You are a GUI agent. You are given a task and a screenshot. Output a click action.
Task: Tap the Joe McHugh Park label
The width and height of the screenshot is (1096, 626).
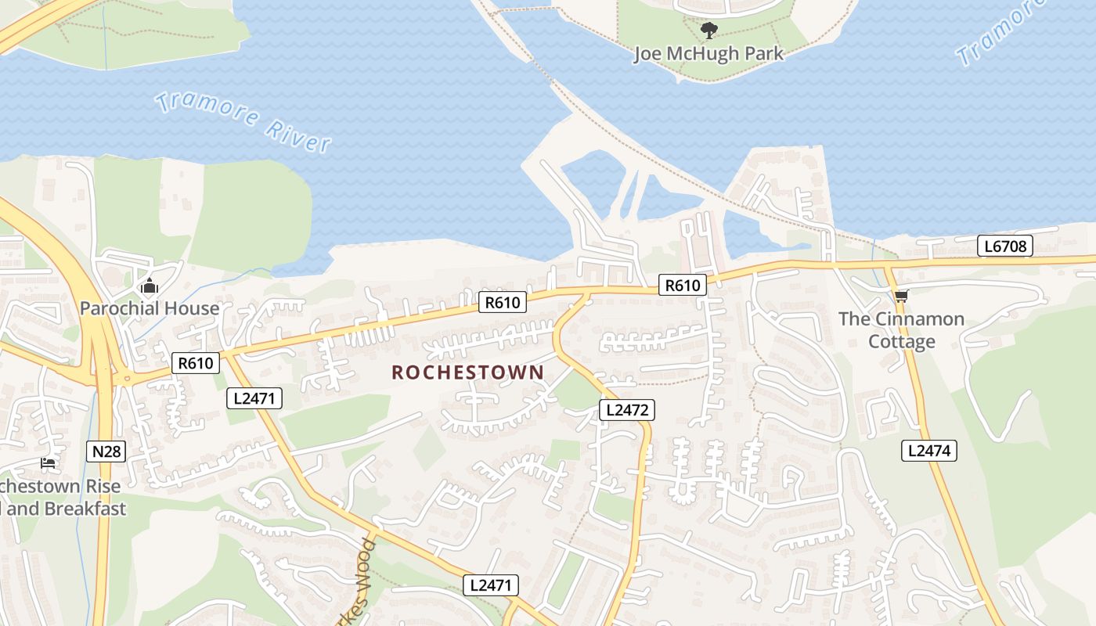click(708, 54)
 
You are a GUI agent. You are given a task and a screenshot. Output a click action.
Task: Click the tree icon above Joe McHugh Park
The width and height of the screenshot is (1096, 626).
click(708, 31)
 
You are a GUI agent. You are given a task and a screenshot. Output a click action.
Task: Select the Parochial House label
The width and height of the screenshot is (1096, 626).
click(150, 308)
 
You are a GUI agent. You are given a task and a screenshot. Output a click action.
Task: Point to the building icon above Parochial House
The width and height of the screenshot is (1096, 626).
click(150, 286)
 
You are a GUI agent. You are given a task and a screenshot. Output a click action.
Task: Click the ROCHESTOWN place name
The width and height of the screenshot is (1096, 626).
click(467, 372)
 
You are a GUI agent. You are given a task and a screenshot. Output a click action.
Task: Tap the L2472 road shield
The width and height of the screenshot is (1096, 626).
click(626, 409)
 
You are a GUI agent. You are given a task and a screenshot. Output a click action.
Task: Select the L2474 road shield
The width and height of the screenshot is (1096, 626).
click(929, 450)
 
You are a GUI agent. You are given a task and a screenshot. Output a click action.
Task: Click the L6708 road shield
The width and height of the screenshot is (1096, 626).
click(1005, 246)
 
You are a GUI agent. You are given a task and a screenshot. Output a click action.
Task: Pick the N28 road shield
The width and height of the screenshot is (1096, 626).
click(106, 451)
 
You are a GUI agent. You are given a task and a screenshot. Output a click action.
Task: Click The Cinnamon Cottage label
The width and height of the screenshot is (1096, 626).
click(901, 330)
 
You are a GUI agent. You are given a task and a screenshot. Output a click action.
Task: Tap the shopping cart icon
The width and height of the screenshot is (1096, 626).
click(901, 296)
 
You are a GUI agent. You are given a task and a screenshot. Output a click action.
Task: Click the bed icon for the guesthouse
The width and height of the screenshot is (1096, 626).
click(48, 463)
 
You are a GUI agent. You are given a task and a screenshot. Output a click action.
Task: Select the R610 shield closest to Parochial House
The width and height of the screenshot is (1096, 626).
click(196, 362)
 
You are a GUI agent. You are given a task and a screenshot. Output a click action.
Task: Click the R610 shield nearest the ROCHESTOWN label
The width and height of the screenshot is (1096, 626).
click(503, 302)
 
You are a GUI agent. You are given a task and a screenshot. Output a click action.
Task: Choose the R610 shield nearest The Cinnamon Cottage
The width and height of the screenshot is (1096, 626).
click(682, 285)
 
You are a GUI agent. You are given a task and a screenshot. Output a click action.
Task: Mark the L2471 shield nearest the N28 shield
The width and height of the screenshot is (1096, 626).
click(254, 398)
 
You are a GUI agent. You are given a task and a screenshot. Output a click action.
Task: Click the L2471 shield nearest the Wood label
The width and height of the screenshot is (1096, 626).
click(490, 585)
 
